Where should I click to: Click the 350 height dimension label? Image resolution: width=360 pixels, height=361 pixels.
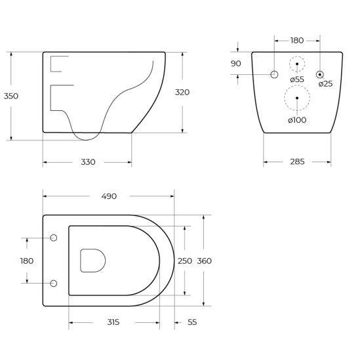coord(11,96)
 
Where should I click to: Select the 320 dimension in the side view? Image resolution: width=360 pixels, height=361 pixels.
coord(182,93)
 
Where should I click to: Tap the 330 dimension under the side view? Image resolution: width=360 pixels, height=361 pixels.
coord(88,162)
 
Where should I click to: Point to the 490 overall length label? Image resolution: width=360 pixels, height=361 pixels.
coord(109,196)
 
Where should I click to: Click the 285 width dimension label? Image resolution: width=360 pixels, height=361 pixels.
coord(297,162)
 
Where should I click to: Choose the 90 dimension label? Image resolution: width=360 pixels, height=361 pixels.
coord(236,64)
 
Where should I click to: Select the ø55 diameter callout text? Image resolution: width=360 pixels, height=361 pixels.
coord(297,79)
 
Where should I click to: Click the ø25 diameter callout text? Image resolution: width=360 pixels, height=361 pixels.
coord(326,84)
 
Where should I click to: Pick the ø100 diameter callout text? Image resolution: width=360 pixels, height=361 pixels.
coord(297,120)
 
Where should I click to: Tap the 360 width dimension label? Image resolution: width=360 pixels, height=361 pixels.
coord(205,261)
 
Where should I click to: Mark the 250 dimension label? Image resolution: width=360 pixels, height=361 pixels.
coord(185,261)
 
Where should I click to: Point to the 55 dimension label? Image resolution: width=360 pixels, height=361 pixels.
coord(192,322)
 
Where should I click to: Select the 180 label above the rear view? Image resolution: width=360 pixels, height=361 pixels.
coord(297,41)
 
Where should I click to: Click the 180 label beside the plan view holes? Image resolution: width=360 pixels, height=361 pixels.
coord(27,261)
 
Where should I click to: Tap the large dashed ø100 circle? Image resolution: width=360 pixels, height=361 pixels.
coord(297,98)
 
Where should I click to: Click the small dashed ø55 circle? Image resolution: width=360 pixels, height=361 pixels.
coord(297,64)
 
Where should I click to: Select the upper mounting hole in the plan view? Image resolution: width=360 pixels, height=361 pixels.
coord(54,238)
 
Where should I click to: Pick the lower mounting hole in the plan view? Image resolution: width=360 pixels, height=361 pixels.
coord(54,284)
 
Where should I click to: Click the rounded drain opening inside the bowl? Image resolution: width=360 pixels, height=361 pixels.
coord(92,261)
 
